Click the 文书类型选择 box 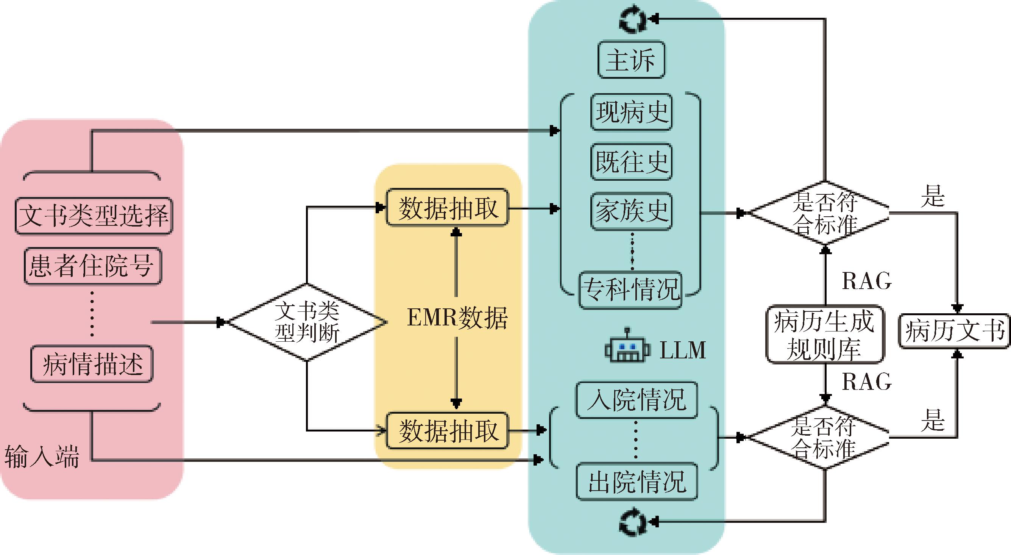[94, 216]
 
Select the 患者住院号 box [93, 266]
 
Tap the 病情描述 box [92, 364]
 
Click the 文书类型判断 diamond [306, 322]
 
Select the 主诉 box [631, 60]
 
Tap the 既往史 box [632, 161]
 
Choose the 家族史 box [632, 211]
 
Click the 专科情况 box [630, 290]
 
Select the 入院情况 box [637, 400]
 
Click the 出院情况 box [637, 482]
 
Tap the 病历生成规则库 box [825, 334]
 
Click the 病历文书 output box [954, 331]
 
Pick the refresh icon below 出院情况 [632, 522]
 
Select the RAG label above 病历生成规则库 [867, 281]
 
